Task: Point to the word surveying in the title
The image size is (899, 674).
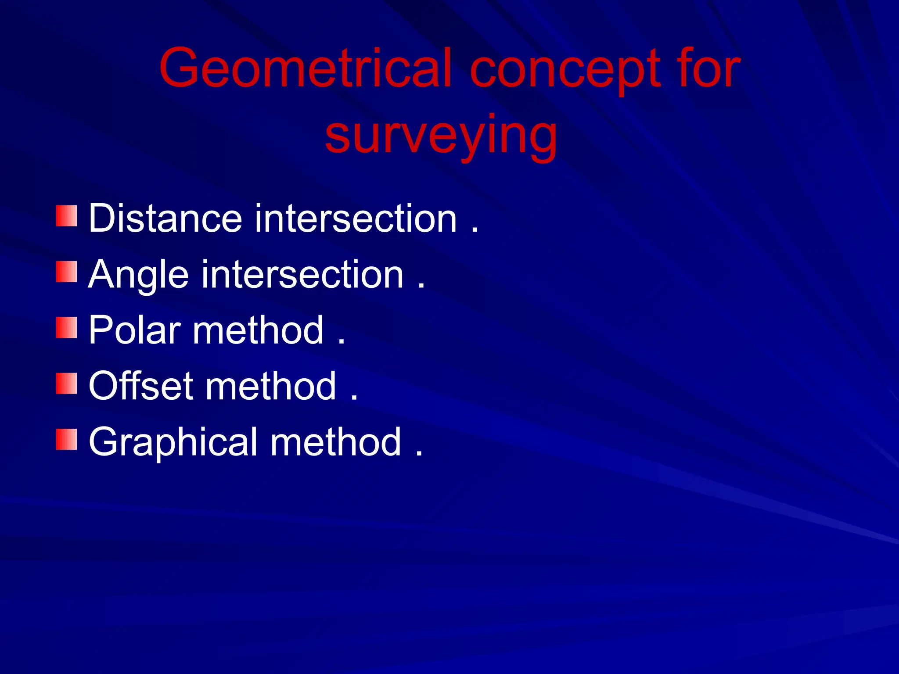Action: click(441, 136)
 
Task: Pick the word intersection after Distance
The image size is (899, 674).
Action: click(356, 218)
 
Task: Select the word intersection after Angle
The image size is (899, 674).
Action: click(302, 274)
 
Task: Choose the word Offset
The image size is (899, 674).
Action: click(141, 386)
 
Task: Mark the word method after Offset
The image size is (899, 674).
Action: click(271, 386)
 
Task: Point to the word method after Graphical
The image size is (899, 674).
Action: click(336, 442)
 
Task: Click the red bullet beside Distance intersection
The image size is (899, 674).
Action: click(67, 215)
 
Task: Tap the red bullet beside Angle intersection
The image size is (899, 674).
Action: click(67, 272)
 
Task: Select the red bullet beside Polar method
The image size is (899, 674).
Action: click(67, 327)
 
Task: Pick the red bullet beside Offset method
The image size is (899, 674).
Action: click(67, 384)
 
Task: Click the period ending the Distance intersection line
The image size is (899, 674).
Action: click(475, 230)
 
